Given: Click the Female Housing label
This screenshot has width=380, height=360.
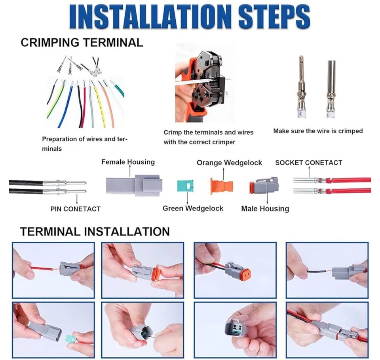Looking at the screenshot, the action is (128, 162).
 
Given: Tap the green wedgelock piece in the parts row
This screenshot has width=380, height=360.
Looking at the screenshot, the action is (185, 186).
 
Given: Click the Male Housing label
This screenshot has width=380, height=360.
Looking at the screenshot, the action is (265, 208).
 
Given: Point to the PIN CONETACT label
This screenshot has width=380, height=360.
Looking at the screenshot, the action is (75, 209).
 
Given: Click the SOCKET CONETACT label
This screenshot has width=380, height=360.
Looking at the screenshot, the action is (309, 163).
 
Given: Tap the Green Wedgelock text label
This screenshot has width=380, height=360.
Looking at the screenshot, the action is (193, 208).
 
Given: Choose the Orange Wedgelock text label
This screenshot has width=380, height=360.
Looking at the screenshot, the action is (229, 163).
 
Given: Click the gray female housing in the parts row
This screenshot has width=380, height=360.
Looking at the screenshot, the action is (134, 185).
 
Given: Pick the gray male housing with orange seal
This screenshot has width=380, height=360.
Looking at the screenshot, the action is (264, 186).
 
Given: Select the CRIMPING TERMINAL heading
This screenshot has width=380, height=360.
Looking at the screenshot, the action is (82, 42).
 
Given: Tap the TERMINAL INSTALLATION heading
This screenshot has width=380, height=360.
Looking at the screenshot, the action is (95, 231).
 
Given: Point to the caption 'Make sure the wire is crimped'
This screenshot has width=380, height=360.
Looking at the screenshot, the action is (318, 131).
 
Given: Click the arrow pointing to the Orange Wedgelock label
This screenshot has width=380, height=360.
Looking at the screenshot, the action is (223, 173).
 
